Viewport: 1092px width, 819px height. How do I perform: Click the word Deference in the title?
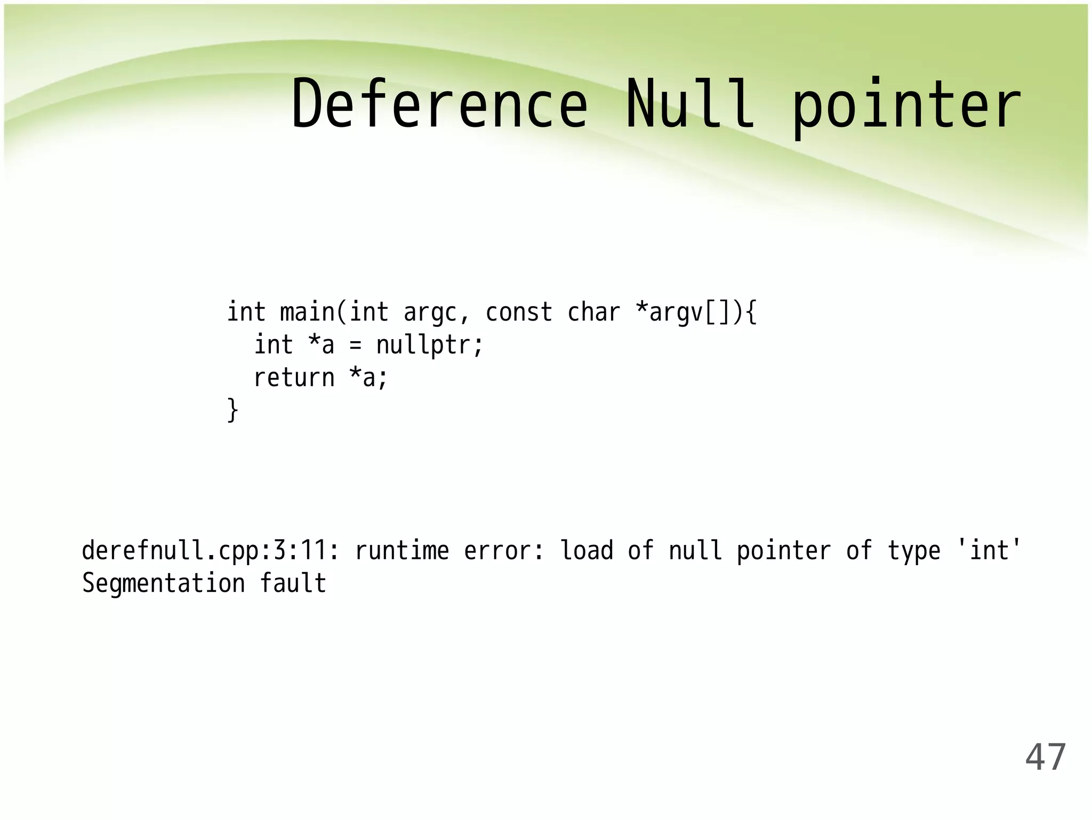click(439, 105)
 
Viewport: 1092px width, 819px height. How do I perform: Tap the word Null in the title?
click(690, 105)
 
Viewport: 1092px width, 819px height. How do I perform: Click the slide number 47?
click(1045, 757)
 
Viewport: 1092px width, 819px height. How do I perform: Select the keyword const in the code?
click(519, 312)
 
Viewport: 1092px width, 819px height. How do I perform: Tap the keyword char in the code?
click(593, 312)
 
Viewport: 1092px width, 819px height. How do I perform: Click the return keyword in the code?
click(294, 378)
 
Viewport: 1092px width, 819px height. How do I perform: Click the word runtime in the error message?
click(403, 551)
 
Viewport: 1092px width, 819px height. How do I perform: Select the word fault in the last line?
click(293, 583)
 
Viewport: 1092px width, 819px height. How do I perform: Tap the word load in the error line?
click(587, 550)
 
